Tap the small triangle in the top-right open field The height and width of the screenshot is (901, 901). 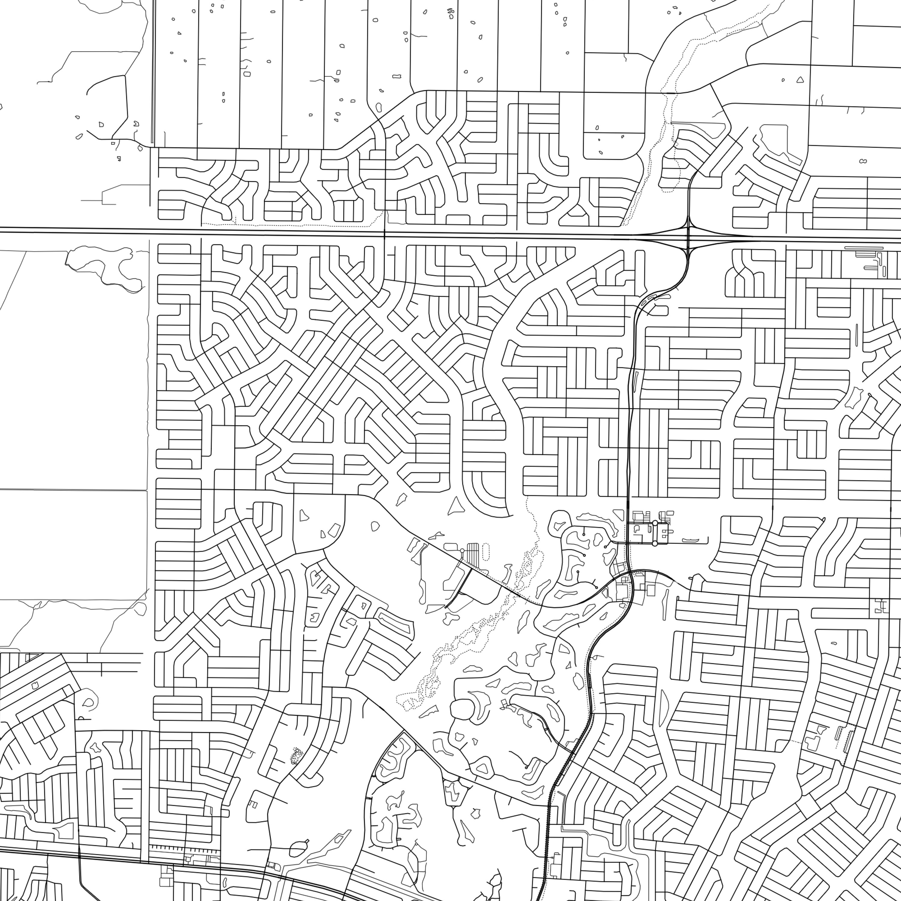coord(800,80)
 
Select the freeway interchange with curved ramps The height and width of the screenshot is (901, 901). coord(688,238)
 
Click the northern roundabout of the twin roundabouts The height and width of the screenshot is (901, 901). coord(655,523)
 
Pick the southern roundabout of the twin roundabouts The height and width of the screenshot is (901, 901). coord(655,543)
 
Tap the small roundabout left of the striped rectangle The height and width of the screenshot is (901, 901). coord(462,551)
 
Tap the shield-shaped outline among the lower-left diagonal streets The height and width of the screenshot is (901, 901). coord(34,685)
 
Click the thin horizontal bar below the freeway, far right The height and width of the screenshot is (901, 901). coord(864,248)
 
